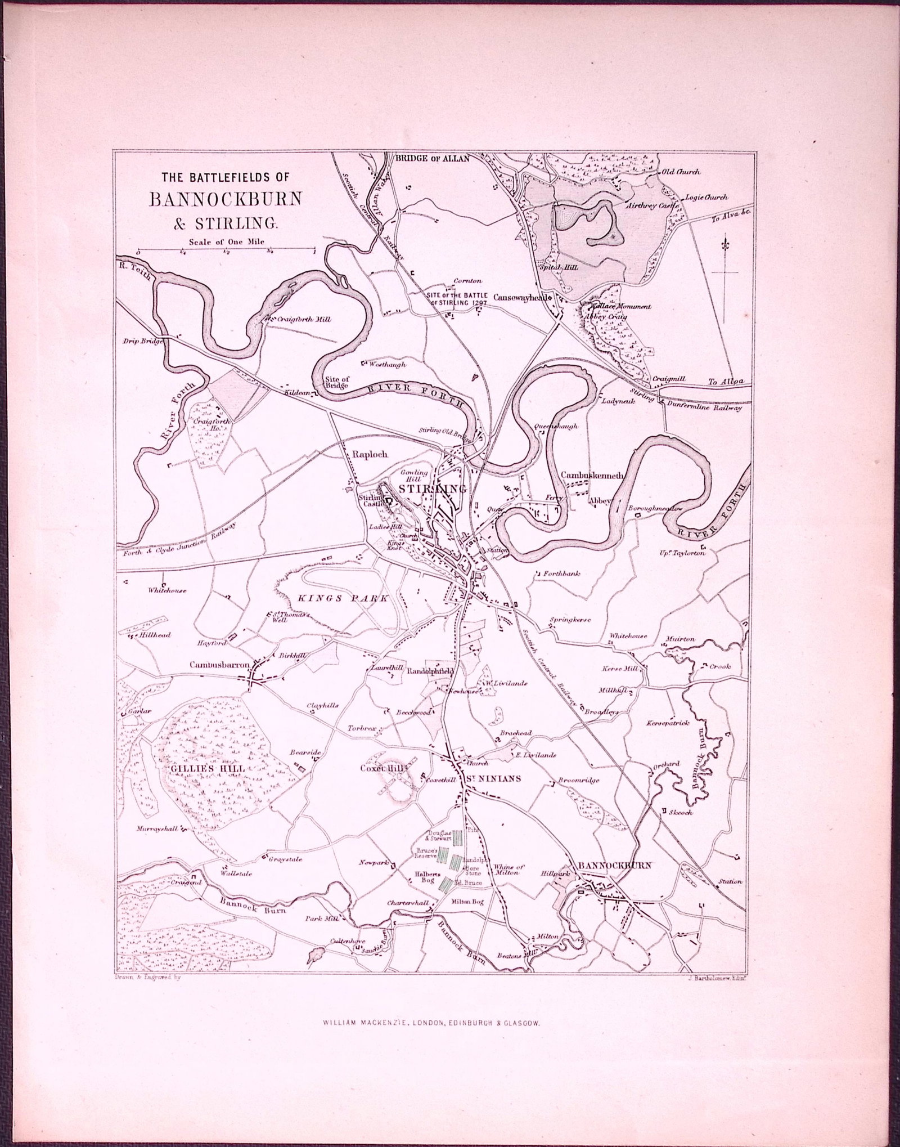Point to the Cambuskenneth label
(x=592, y=475)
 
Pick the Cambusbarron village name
(x=219, y=664)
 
